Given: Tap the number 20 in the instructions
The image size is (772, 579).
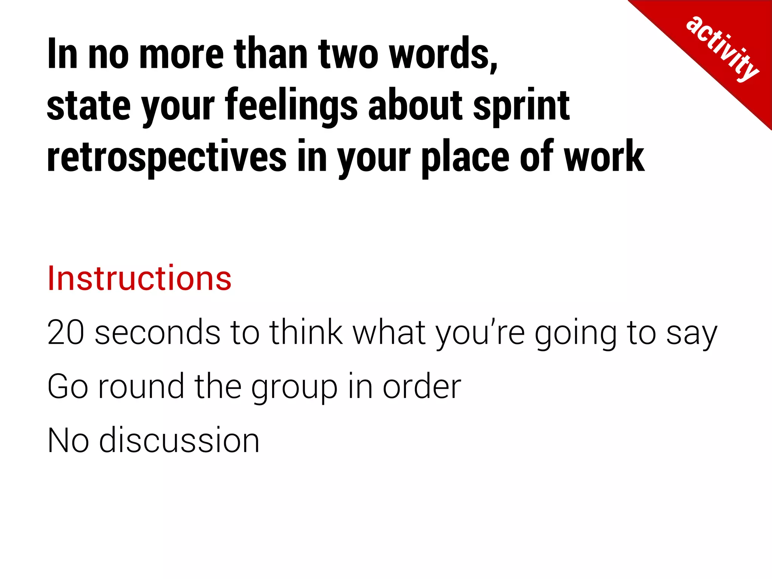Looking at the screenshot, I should [x=65, y=332].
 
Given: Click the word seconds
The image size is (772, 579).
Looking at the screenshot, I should [x=158, y=332].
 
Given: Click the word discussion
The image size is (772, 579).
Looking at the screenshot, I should [x=179, y=440].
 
